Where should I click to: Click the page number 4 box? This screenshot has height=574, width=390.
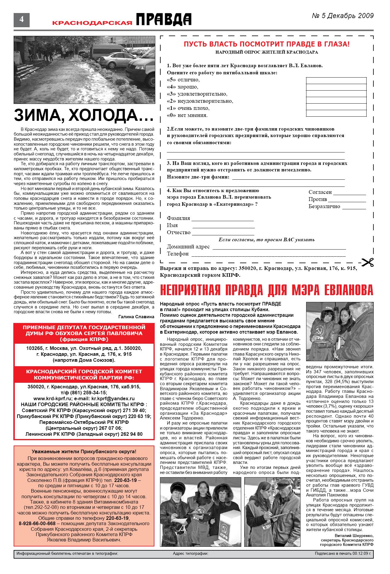coord(21,20)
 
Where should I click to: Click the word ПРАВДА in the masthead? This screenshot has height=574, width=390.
coord(164,20)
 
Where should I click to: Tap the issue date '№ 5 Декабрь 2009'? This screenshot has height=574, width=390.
coord(343,16)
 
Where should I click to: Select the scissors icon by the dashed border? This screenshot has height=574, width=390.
coord(367,262)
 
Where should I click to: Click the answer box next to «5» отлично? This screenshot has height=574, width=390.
coord(336,81)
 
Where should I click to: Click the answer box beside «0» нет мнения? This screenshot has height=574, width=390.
coord(336,113)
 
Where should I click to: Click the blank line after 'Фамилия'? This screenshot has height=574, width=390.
coord(223,219)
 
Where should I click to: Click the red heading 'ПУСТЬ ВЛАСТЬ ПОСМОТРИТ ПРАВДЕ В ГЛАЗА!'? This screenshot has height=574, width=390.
coord(266,44)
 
